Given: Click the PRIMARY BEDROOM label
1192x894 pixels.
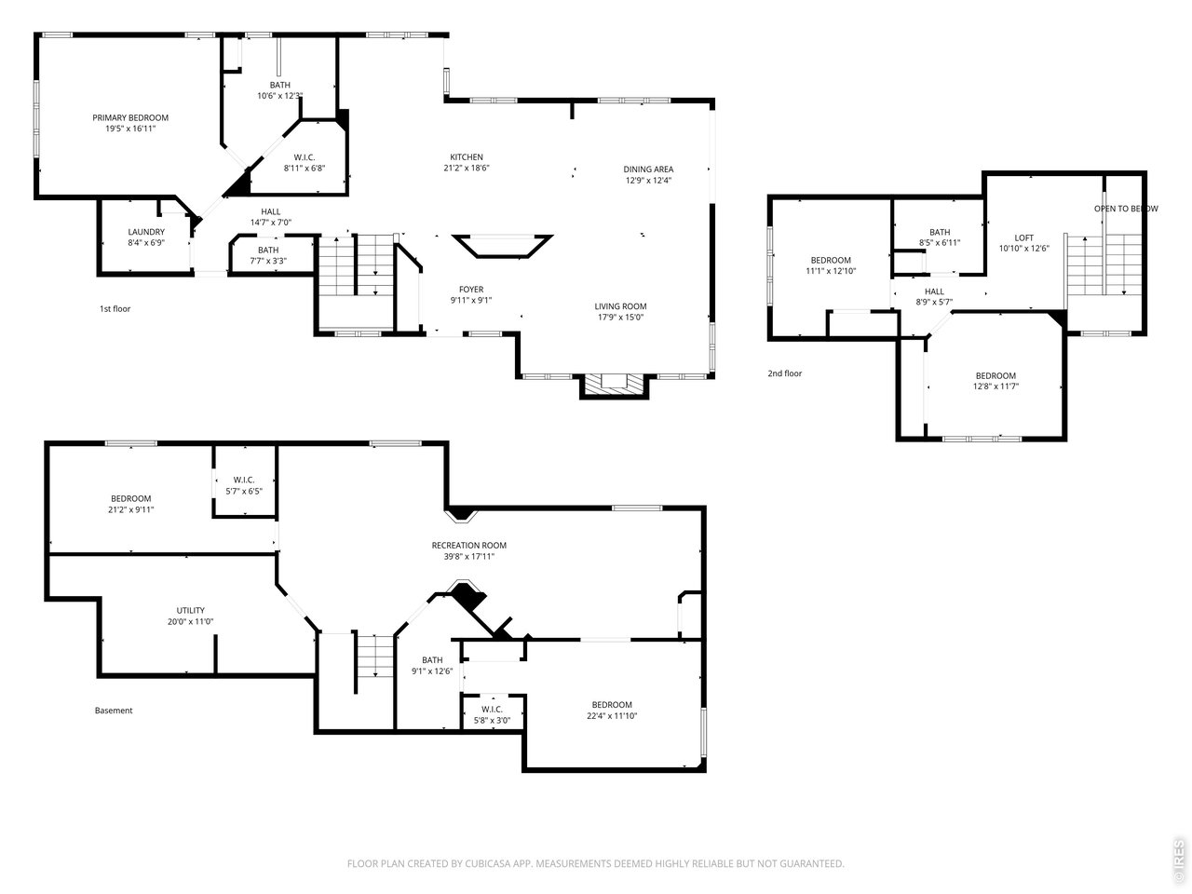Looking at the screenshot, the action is [130, 117].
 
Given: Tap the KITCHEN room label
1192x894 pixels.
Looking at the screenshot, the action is [467, 156].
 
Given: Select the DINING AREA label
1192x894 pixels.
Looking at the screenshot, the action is [648, 169].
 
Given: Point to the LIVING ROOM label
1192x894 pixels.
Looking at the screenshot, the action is [620, 306].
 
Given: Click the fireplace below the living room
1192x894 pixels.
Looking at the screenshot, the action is [615, 386].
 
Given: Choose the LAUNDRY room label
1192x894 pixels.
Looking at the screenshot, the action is [146, 232].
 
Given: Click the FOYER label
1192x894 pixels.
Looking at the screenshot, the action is [471, 290].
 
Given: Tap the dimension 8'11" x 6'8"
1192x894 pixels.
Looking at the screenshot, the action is [305, 169].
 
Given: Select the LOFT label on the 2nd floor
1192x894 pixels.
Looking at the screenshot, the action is [1023, 237].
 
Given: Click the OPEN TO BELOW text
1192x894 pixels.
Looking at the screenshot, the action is [1126, 209].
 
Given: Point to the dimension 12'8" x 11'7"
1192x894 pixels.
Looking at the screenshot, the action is [996, 386].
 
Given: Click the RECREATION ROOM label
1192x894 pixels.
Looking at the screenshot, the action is [469, 545].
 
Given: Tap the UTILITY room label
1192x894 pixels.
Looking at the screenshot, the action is [191, 610].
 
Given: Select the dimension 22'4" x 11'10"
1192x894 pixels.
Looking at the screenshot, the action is [612, 715].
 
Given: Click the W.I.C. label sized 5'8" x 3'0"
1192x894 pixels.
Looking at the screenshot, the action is [492, 710].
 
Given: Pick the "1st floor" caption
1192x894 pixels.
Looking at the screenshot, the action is [115, 309].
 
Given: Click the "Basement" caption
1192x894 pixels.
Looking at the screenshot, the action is [114, 710].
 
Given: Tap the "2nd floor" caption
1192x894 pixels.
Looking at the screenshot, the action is [785, 373].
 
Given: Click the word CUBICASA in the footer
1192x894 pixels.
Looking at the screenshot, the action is [484, 863].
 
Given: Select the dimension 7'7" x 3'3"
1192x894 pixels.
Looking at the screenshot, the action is [268, 261].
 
